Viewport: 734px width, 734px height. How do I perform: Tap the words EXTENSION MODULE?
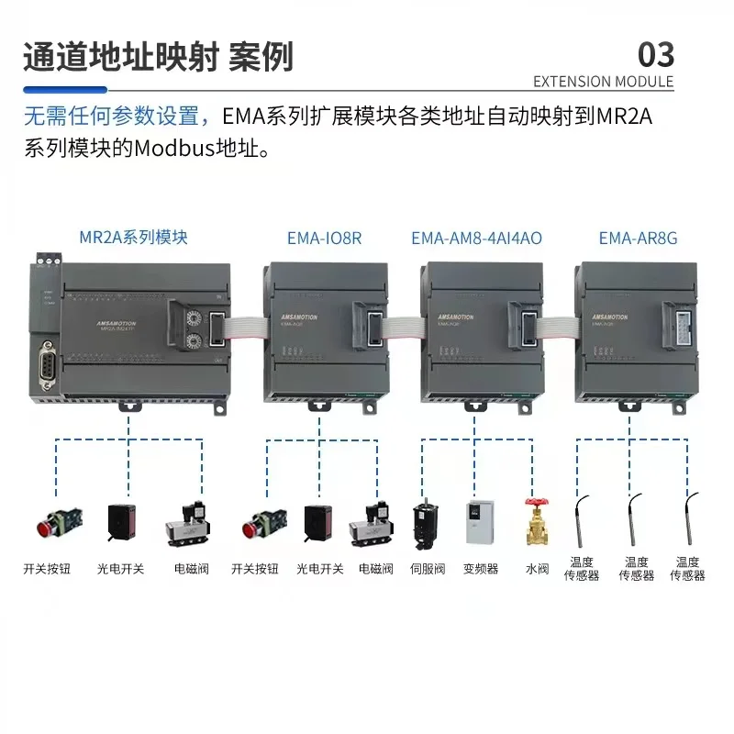(x=603, y=82)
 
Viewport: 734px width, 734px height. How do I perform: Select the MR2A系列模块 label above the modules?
(x=133, y=237)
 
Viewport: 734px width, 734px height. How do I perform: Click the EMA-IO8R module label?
(x=324, y=238)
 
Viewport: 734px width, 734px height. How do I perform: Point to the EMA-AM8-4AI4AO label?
(x=476, y=238)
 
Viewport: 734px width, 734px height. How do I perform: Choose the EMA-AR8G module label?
(x=638, y=238)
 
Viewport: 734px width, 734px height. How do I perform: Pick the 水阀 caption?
(x=537, y=569)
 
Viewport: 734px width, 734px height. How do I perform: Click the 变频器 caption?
(x=481, y=569)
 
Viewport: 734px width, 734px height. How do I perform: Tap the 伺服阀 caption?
(x=427, y=569)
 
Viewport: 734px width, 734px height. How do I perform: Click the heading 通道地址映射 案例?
(x=158, y=56)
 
